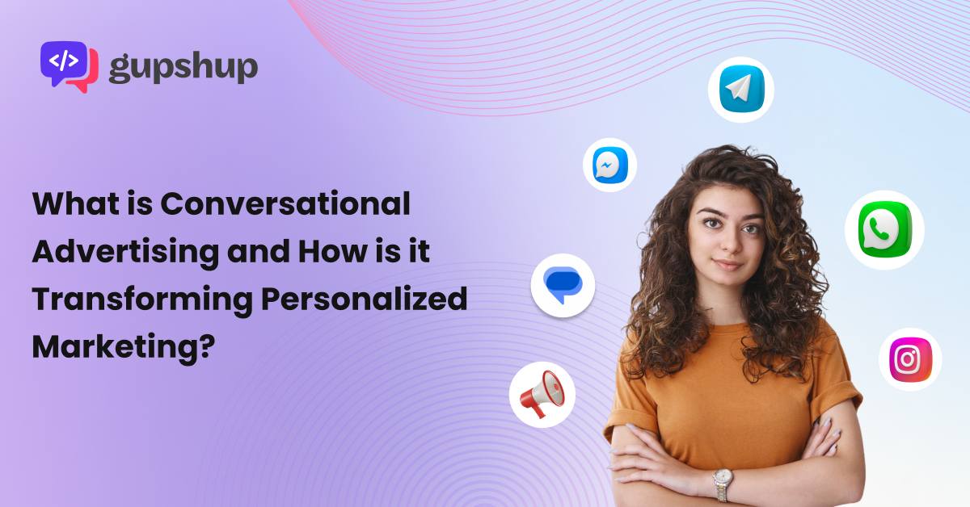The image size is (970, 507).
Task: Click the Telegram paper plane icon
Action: (741, 89)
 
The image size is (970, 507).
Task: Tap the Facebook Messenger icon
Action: (610, 165)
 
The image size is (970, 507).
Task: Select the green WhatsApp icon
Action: (884, 230)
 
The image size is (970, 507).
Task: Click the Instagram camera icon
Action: (910, 359)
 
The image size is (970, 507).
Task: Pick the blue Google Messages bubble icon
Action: (563, 285)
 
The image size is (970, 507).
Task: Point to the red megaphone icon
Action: (542, 394)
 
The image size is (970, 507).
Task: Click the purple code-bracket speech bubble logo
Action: (70, 66)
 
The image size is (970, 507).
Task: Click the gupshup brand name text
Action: (183, 68)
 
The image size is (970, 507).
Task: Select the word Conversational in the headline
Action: (285, 203)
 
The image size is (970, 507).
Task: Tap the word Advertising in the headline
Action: (125, 252)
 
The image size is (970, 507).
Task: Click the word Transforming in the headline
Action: (142, 300)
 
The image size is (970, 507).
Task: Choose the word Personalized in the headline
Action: (365, 300)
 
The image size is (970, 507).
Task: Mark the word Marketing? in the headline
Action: (124, 347)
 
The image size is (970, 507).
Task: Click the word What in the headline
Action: (76, 203)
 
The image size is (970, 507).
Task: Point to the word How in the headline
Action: (332, 251)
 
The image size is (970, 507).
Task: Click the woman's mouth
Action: (728, 265)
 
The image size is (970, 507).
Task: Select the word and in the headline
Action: (259, 251)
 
